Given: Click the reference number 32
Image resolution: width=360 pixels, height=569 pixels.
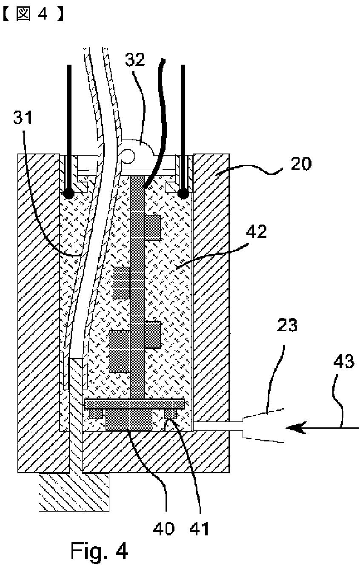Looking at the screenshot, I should (x=135, y=60).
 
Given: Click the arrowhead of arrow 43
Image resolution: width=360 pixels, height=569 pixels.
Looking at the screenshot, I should (x=294, y=427).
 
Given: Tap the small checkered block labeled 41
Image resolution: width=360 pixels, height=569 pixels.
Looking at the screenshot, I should (x=170, y=413).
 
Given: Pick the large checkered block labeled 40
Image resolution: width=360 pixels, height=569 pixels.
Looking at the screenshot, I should (x=129, y=419).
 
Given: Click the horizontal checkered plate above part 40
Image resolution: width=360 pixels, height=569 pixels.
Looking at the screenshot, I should (x=134, y=403).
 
